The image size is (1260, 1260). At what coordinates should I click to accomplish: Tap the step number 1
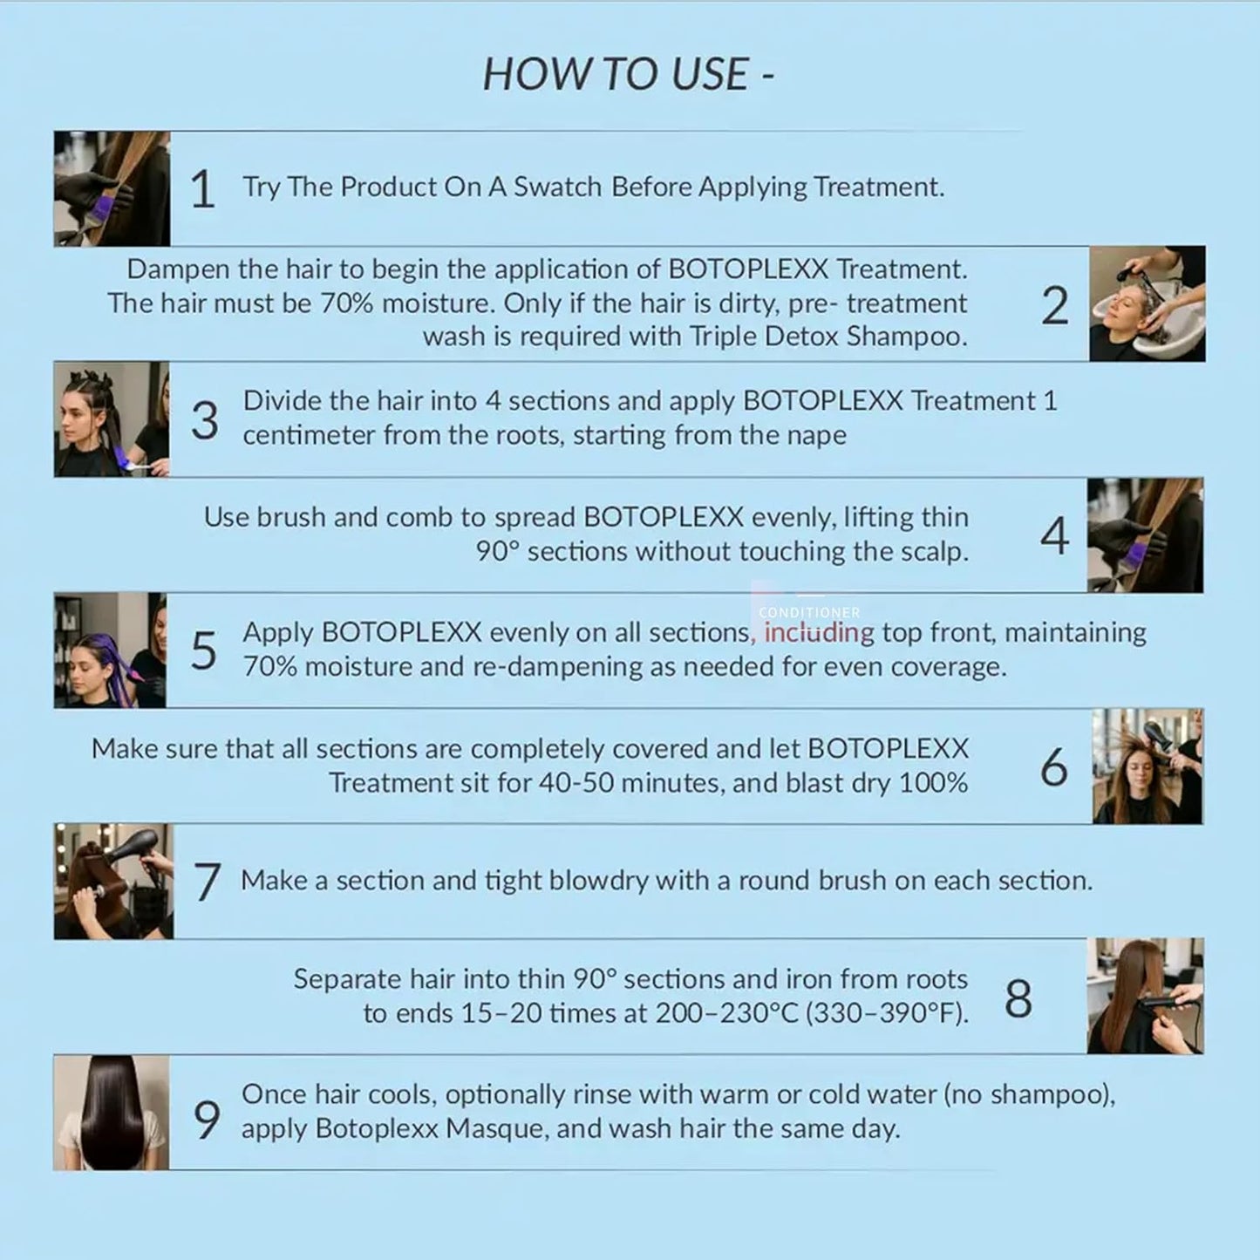202,189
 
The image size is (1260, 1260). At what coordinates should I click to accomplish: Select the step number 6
1054,766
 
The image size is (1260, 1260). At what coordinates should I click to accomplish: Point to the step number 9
207,1120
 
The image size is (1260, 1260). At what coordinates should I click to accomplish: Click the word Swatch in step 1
557,187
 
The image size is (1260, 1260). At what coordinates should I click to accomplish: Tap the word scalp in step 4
934,551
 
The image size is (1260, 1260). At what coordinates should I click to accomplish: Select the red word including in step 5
820,632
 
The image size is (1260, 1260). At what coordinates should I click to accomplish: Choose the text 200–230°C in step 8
726,1013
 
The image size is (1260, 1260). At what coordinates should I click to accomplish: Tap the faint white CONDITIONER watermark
809,613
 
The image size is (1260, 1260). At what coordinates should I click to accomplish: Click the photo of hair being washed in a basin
1147,304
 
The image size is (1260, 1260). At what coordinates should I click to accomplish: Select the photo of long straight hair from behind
111,1113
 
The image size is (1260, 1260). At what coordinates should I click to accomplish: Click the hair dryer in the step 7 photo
134,850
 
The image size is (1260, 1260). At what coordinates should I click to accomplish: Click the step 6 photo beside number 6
1147,766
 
